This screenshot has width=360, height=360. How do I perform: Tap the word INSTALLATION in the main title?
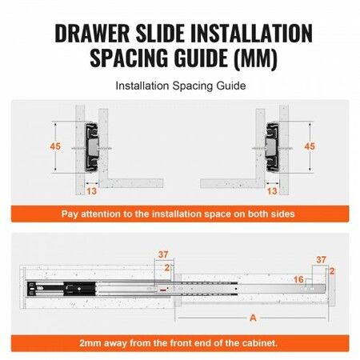[246, 34]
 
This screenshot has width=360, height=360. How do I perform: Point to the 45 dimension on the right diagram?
[310, 146]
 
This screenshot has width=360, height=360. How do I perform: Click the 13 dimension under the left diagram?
[92, 191]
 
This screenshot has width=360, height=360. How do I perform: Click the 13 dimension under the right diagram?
[272, 191]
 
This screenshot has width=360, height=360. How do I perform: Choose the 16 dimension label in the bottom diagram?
[298, 280]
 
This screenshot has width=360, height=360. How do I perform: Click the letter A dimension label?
[253, 317]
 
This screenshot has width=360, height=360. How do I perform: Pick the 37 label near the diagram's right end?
[320, 260]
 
